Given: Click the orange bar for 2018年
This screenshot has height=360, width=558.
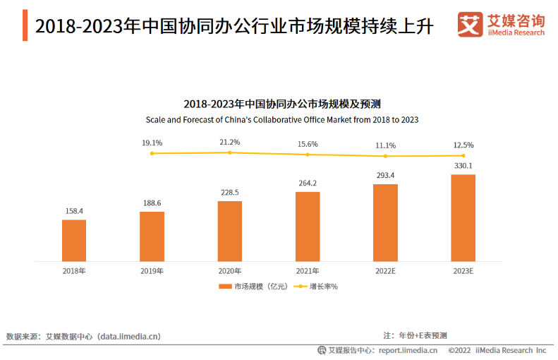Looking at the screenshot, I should click(74, 241).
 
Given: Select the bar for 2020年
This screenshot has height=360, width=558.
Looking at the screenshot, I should click(230, 232).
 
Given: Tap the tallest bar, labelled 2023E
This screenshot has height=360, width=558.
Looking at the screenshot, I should click(463, 218).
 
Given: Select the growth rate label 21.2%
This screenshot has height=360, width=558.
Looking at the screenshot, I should click(230, 142).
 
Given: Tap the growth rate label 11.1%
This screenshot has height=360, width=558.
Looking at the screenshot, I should click(385, 145).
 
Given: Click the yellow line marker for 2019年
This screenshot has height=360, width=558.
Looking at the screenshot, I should click(152, 153).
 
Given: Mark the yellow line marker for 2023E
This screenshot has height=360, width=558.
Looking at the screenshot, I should click(463, 155).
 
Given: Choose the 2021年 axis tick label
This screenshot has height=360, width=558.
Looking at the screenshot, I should click(308, 271).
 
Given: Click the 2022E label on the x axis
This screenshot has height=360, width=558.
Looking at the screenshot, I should click(385, 271).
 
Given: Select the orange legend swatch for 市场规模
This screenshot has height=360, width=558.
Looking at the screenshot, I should click(224, 287).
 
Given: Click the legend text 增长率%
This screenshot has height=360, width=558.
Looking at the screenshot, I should click(324, 287).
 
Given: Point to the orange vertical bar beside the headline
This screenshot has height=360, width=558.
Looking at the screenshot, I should click(25, 25).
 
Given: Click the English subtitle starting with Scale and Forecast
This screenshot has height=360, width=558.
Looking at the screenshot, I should click(281, 120).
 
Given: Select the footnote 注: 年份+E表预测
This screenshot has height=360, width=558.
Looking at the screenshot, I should click(415, 335).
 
